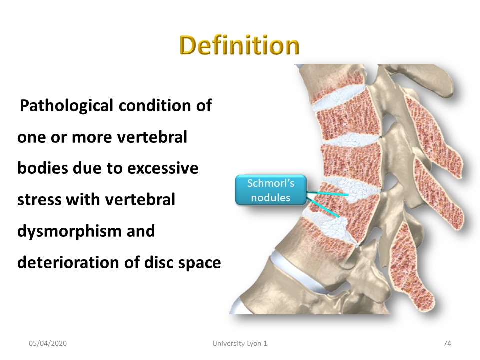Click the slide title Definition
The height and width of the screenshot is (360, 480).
(x=239, y=45)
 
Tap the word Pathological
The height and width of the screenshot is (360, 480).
(x=66, y=106)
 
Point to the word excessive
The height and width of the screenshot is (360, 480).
(x=163, y=168)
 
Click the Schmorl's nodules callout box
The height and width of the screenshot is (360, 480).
(x=271, y=190)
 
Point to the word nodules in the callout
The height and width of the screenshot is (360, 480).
(x=271, y=198)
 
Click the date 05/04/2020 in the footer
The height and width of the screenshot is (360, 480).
(x=48, y=344)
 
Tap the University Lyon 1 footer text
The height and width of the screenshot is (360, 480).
(x=240, y=344)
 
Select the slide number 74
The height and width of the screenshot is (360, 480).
(x=447, y=344)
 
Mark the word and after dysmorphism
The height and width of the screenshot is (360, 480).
(x=141, y=231)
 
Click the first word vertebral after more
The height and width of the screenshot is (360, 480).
(x=152, y=137)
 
